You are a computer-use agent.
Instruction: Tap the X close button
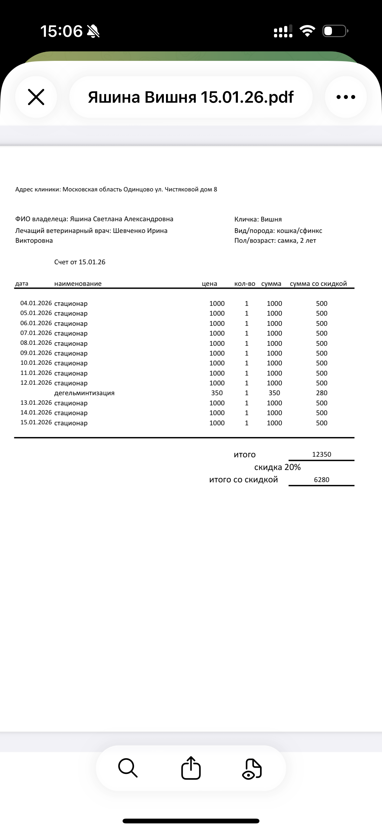(x=36, y=97)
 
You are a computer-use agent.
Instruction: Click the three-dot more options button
(x=346, y=97)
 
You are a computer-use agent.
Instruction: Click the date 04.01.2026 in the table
(x=36, y=303)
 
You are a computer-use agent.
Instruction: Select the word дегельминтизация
(x=84, y=393)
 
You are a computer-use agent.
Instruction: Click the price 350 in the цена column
(x=217, y=393)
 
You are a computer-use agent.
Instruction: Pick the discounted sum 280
(x=322, y=393)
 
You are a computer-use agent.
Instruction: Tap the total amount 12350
(x=322, y=454)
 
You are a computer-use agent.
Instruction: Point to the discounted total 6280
(x=322, y=480)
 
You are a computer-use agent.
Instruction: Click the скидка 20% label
(x=277, y=467)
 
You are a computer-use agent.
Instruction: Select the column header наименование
(x=78, y=284)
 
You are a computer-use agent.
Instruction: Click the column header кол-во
(x=245, y=284)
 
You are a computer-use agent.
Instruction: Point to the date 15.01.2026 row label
(x=36, y=422)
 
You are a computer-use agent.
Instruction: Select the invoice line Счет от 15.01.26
(x=80, y=262)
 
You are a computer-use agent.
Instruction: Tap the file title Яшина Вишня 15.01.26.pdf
(x=190, y=97)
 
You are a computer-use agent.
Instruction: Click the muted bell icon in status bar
(x=93, y=31)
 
